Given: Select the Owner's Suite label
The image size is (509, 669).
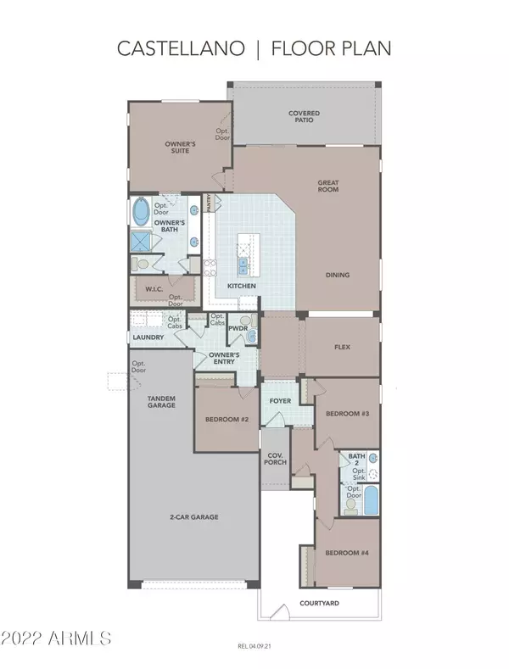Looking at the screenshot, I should (x=180, y=148).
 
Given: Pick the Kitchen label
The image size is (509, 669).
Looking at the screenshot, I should (x=241, y=287).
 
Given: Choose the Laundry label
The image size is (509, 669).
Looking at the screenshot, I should (x=148, y=337).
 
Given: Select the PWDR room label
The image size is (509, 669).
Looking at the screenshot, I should (x=237, y=328).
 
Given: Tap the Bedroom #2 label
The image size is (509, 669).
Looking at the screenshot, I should (x=226, y=419).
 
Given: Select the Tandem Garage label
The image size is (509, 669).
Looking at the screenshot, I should (x=161, y=402).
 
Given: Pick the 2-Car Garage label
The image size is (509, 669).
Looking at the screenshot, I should (x=194, y=516).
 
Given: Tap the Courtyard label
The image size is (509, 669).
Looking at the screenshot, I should (x=319, y=603).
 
